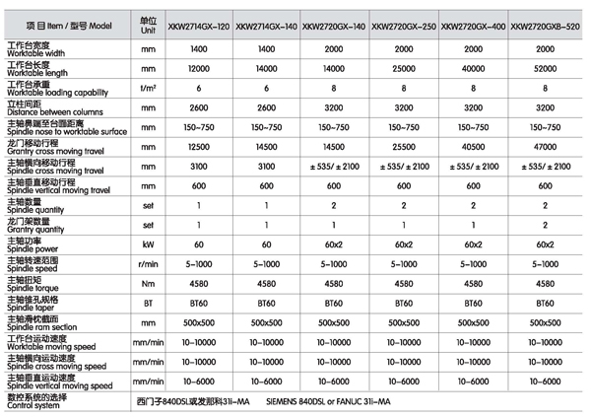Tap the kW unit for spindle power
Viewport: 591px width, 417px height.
coord(148,243)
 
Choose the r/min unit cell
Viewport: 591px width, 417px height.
coord(148,263)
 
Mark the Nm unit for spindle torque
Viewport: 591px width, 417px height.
coord(148,283)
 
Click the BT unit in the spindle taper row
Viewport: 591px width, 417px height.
coord(148,303)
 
